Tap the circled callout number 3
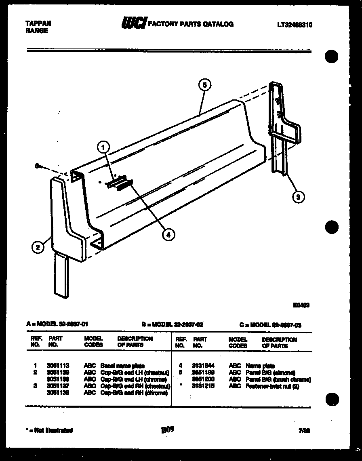(298, 197)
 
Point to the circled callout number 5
(205, 85)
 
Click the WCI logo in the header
(133, 24)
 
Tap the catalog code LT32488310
(295, 24)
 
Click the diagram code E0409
(302, 306)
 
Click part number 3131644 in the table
(203, 366)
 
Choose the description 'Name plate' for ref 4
(260, 366)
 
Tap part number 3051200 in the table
(203, 379)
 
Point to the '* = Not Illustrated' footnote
(50, 430)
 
